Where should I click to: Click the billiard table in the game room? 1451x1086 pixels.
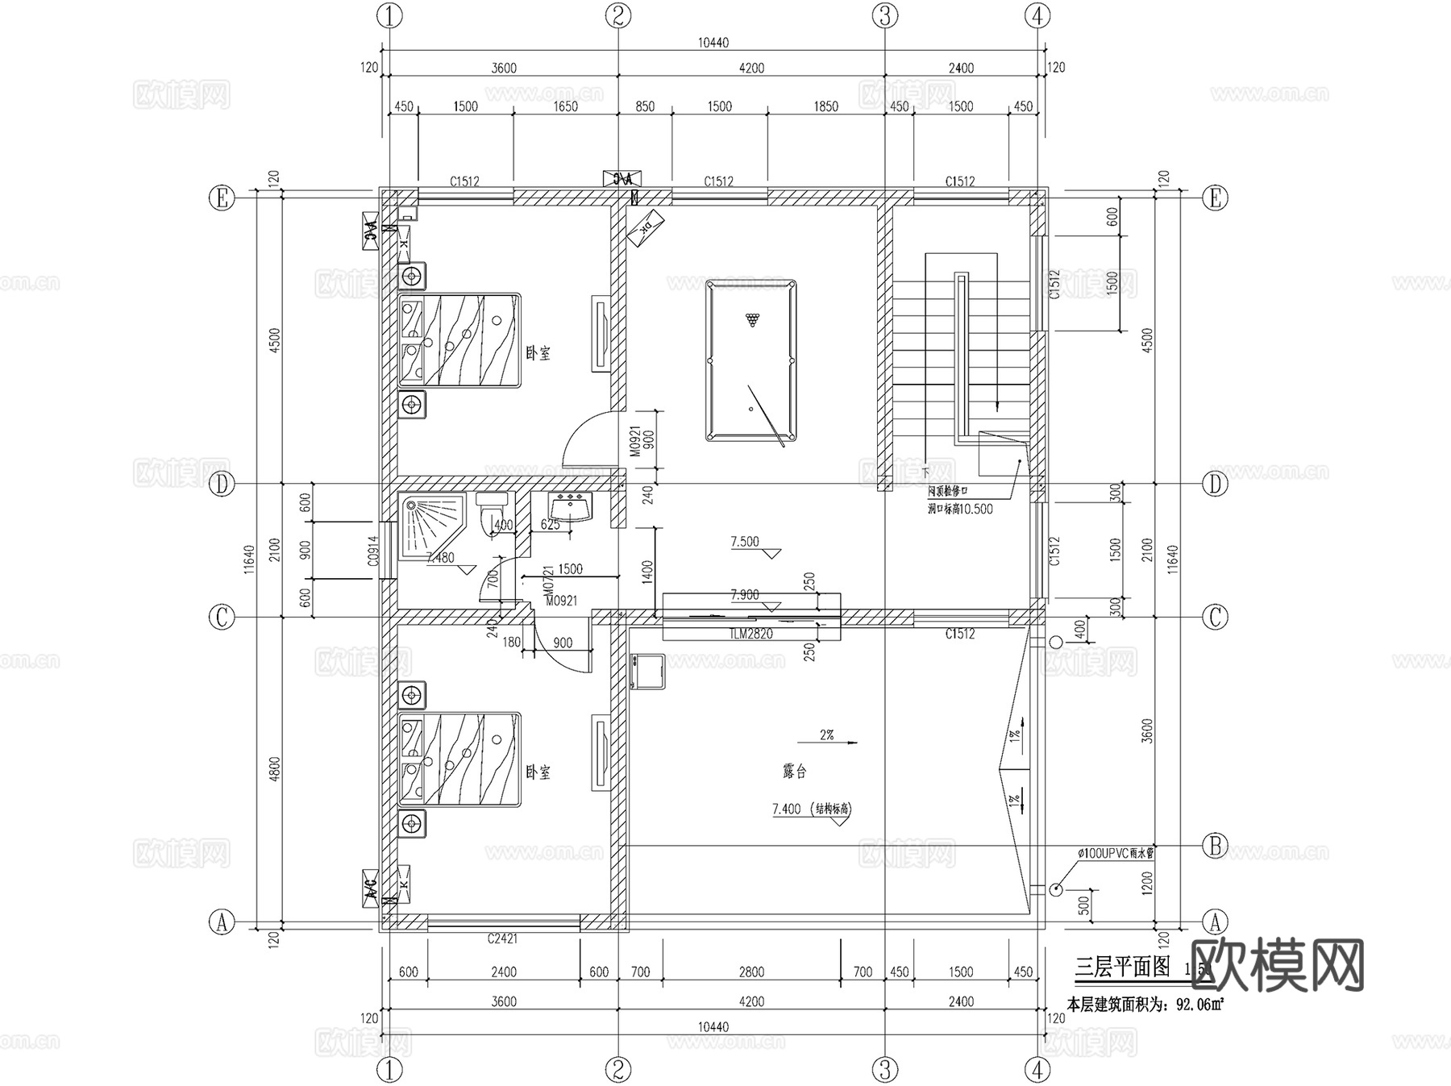coord(750,360)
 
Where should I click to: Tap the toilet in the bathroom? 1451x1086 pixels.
coord(491,511)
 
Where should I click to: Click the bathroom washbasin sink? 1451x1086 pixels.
coord(570,507)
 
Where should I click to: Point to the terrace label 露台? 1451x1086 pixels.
coord(794,772)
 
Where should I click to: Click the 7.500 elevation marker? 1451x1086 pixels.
coord(746,542)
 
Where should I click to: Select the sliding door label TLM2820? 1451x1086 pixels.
coord(750,634)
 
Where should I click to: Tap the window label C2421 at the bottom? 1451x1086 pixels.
coord(502,938)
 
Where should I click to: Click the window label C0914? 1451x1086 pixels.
coord(372,551)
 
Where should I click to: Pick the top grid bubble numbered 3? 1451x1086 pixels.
coord(884,15)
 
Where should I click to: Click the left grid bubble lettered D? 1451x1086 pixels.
coord(222,484)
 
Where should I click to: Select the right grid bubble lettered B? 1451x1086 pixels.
coord(1215,846)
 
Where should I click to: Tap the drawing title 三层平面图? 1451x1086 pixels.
coord(1122,967)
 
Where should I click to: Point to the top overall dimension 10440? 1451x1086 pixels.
coord(713,43)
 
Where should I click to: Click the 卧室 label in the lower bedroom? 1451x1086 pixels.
coord(538,772)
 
